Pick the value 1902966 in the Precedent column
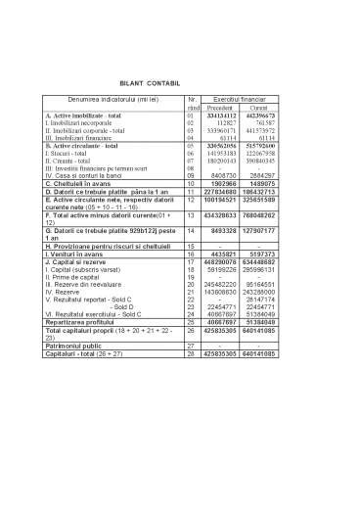tap(224, 184)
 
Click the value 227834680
tap(224, 192)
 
